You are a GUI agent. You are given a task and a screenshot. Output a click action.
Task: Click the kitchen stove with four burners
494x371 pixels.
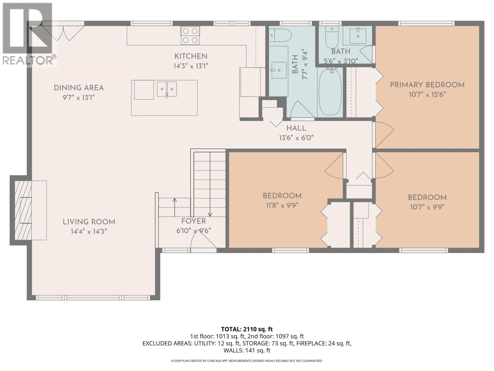(x=190, y=35)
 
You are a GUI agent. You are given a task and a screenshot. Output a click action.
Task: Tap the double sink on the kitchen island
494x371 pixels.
(x=167, y=89)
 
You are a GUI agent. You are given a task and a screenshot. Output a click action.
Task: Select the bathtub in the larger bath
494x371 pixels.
(x=330, y=92)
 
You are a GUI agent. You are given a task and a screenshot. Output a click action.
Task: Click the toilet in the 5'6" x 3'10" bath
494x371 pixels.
(x=332, y=37)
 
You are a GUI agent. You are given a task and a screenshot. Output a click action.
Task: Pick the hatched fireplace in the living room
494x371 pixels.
(x=23, y=210)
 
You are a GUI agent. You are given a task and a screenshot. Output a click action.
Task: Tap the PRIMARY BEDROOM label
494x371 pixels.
(x=427, y=85)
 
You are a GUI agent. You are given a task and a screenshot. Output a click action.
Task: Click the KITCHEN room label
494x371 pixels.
(x=191, y=56)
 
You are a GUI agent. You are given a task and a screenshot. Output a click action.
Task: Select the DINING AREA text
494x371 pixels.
(x=79, y=88)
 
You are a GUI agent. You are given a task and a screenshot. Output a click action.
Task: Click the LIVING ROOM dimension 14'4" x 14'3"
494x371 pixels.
(x=89, y=231)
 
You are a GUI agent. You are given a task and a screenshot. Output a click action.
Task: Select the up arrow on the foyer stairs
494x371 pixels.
(x=174, y=207)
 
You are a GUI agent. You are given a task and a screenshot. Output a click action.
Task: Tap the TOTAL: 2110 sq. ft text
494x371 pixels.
(x=247, y=329)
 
